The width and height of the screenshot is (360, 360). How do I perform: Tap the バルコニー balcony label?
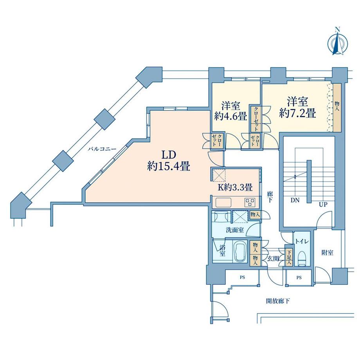103,149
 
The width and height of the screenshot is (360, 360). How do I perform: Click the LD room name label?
169,155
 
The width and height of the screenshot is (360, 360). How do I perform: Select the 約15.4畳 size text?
169,166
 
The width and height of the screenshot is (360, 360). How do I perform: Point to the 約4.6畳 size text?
231,117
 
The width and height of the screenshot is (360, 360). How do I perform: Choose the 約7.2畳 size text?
297,113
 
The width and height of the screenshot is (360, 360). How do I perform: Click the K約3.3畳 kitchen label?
235,187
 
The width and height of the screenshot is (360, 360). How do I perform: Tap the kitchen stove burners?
250,202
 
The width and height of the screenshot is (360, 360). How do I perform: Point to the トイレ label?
302,241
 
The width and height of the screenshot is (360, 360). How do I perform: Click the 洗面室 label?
235,230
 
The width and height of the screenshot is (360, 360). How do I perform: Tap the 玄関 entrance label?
274,259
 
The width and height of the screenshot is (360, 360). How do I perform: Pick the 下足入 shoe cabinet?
288,256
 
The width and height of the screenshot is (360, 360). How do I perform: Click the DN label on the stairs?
295,200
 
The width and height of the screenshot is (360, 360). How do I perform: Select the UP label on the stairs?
323,205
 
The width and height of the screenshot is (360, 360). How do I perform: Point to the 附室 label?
327,253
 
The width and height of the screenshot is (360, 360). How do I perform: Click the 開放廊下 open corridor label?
278,301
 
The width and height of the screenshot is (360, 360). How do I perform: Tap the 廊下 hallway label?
270,197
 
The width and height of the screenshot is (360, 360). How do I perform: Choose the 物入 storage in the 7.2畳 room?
337,108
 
